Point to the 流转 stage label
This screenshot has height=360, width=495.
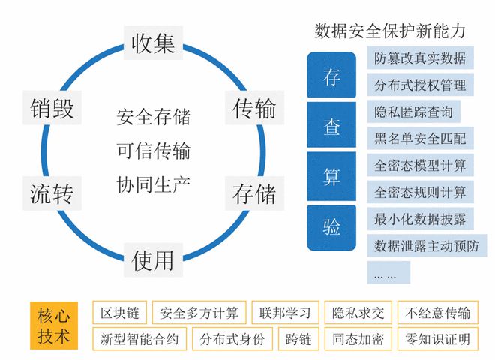(52, 193)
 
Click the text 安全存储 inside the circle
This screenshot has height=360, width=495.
(154, 117)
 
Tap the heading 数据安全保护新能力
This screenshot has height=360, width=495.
(391, 31)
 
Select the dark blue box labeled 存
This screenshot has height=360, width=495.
(331, 77)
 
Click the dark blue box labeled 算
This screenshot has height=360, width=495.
(331, 177)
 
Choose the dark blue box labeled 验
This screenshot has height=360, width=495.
(331, 227)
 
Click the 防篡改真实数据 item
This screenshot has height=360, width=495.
(419, 58)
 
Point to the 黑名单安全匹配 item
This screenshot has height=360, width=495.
(419, 138)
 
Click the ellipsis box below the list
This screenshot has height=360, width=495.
(388, 272)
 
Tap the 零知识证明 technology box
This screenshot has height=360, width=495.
(436, 339)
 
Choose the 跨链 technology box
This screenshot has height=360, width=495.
(298, 339)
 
